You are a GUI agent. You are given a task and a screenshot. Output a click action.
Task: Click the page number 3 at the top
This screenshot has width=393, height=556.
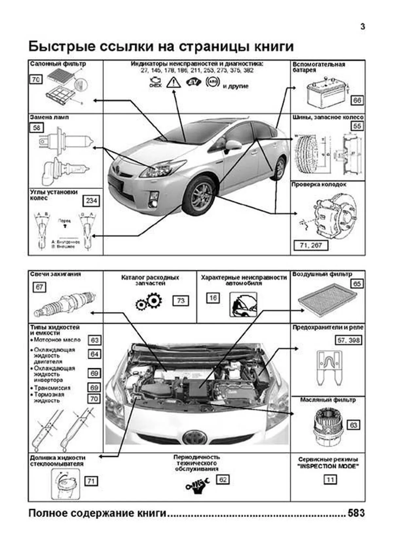coord(363,27)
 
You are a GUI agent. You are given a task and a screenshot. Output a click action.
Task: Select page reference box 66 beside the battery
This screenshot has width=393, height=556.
coord(357,100)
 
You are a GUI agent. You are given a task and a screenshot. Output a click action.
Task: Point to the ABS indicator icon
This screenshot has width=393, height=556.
coord(212,82)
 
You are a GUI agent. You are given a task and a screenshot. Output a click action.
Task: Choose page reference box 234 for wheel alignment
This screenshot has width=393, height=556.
coord(91,201)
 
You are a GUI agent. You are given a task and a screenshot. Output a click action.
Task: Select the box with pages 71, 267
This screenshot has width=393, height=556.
coord(310,245)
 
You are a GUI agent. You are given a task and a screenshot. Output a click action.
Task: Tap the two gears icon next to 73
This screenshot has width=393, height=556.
coord(149,302)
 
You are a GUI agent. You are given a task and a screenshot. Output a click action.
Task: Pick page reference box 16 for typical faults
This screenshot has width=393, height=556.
coord(213,298)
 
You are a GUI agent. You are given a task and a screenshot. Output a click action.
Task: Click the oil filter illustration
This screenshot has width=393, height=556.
coord(327,426)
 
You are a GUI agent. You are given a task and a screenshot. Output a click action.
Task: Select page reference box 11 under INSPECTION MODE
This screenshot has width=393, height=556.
coord(330,480)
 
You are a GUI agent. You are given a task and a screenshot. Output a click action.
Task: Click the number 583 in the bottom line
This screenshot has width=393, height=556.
coord(356,513)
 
